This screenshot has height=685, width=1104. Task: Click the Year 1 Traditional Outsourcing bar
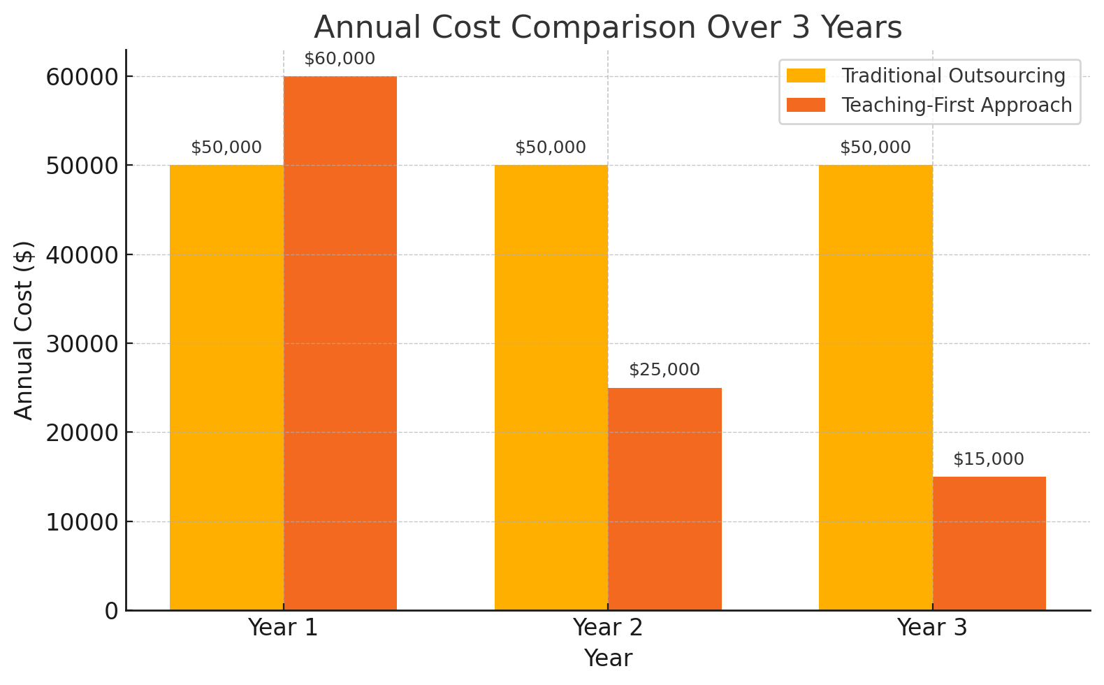(226, 388)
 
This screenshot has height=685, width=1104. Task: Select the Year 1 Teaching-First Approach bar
(340, 343)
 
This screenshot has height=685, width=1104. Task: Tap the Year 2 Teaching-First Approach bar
(664, 499)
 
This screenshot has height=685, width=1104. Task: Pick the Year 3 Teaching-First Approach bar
(989, 543)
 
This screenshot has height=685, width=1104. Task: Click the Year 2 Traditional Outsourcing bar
(551, 388)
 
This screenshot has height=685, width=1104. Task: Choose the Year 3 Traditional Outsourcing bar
(875, 388)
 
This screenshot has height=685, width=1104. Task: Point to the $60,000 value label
(340, 59)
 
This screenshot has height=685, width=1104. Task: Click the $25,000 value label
(664, 370)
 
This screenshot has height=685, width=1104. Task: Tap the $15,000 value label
(989, 460)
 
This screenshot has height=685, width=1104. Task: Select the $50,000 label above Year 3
(875, 148)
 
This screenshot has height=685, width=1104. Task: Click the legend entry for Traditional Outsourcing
(953, 76)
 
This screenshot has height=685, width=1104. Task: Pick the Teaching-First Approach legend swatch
(806, 106)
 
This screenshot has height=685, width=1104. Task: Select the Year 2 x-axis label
(607, 628)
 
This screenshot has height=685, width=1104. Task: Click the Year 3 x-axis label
(932, 628)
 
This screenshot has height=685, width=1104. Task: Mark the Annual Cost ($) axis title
(24, 330)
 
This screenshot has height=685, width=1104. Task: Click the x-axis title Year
(608, 658)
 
